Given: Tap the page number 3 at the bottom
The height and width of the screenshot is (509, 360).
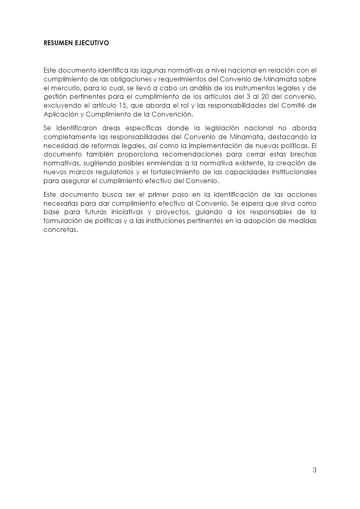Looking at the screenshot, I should coord(314,470).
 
